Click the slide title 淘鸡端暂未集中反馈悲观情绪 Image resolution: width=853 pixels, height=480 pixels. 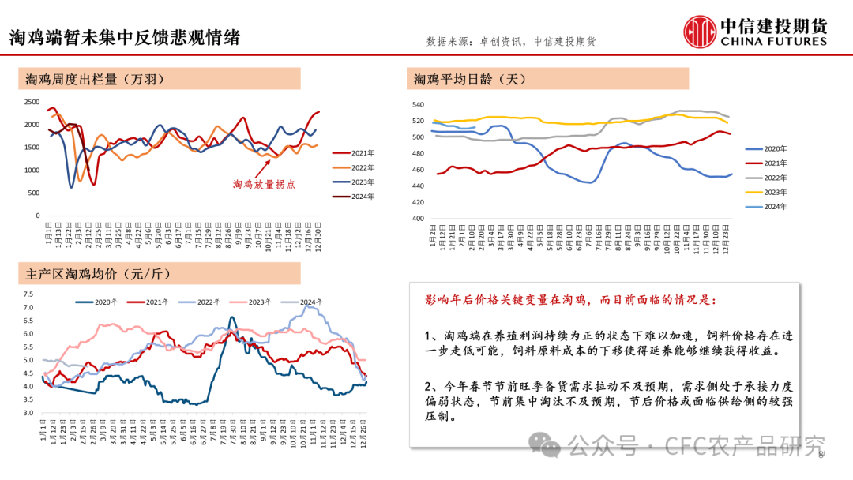[124, 38]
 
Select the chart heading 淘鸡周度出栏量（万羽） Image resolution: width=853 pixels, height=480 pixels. [95, 79]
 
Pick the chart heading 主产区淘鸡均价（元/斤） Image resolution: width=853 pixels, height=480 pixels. [99, 274]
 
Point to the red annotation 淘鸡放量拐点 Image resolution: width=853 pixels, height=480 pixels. [264, 184]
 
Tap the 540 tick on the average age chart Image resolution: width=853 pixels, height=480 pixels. [418, 105]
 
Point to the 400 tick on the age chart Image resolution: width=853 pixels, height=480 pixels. [418, 219]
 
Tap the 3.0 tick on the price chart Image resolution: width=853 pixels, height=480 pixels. [28, 413]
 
